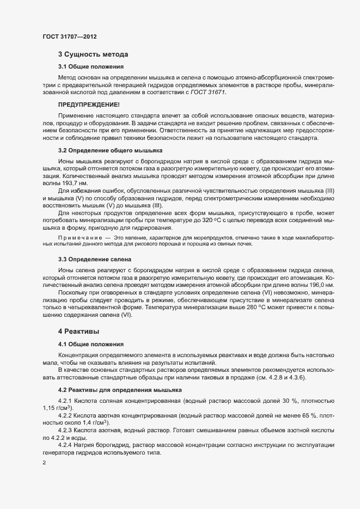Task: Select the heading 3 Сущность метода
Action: pyautogui.click(x=93, y=54)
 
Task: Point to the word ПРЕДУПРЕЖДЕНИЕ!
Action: pyautogui.click(x=89, y=104)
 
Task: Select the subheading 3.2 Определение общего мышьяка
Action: pyautogui.click(x=109, y=150)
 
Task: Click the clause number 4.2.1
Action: pyautogui.click(x=65, y=400)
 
